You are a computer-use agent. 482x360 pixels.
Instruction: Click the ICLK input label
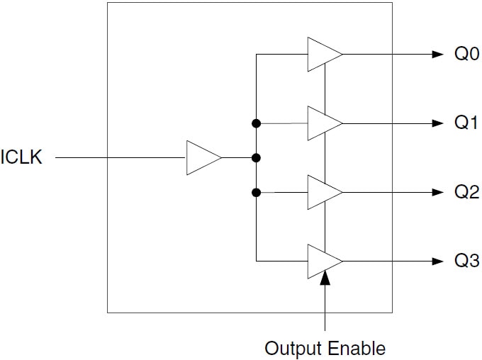(x=22, y=157)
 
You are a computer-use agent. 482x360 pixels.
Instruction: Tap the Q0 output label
(x=466, y=55)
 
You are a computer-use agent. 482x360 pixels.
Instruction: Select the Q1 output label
(x=466, y=123)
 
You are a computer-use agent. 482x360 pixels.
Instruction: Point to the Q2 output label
(x=466, y=192)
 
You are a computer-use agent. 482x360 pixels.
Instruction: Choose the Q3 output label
(x=466, y=261)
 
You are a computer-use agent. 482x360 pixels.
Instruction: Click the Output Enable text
(x=325, y=348)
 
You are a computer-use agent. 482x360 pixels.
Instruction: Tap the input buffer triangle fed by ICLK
(x=201, y=157)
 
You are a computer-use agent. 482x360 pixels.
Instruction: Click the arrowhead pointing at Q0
(x=437, y=55)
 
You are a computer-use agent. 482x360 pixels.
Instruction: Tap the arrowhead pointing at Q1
(x=437, y=123)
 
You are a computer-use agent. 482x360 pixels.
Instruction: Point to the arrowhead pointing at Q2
(x=437, y=192)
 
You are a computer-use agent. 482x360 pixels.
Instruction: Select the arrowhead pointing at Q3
(x=437, y=261)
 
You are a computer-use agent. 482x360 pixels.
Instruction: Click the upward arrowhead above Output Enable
(x=325, y=279)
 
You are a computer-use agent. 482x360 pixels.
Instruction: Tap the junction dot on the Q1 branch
(x=256, y=123)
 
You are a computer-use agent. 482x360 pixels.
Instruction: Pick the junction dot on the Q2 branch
(x=256, y=192)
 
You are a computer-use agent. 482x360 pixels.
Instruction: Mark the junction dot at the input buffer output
(x=256, y=157)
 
